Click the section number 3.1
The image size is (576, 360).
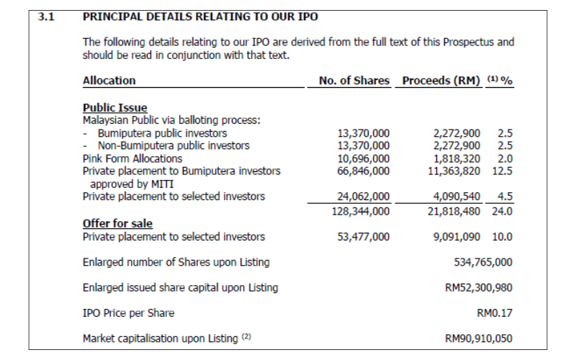[x=46, y=17]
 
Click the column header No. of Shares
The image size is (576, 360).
[x=354, y=81]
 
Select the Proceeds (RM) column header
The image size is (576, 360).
[x=441, y=81]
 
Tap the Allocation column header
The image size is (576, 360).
[x=109, y=81]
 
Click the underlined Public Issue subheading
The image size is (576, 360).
[x=115, y=107]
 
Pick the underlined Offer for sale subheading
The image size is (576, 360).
[x=117, y=223]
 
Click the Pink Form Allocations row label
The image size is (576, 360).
[x=132, y=158]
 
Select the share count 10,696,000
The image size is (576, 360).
[x=364, y=158]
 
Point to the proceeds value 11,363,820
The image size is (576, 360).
[x=454, y=171]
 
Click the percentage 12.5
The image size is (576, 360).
[x=502, y=171]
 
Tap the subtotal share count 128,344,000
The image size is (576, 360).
[x=361, y=212]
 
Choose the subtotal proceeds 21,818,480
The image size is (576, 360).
[x=454, y=212]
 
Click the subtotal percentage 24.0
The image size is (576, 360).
[x=502, y=212]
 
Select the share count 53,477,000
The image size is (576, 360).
[x=364, y=237]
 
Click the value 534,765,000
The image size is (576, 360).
[x=483, y=262]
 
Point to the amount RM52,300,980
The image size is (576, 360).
[x=479, y=287]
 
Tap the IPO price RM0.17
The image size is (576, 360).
[x=495, y=313]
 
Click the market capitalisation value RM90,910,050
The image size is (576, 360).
[x=479, y=338]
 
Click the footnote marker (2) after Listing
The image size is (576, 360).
[x=246, y=336]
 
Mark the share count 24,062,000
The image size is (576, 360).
[x=364, y=197]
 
